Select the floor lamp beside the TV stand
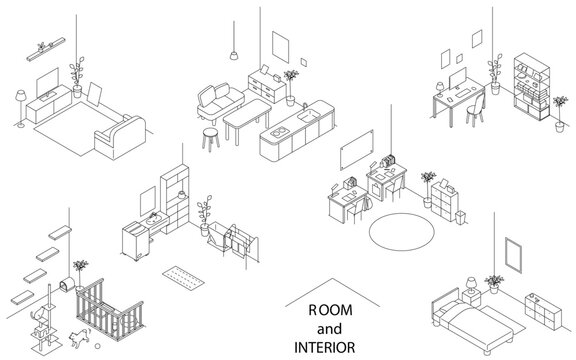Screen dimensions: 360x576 [19, 98]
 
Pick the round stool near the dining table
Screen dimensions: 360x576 [210, 136]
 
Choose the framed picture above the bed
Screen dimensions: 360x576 [516, 254]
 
